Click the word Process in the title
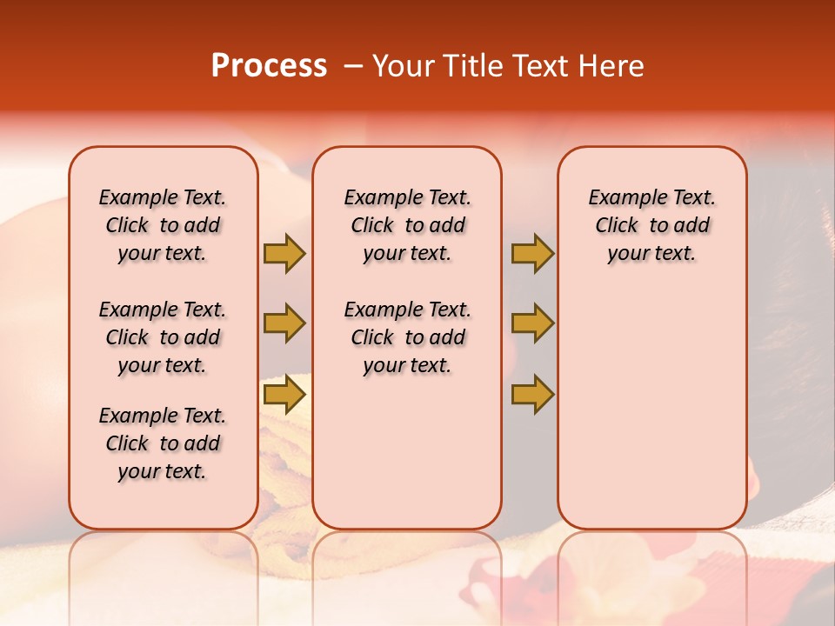[269, 65]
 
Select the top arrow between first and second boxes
[284, 253]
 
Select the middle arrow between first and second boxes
[284, 323]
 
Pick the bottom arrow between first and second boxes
[284, 395]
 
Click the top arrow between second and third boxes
[532, 253]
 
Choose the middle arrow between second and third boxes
[532, 323]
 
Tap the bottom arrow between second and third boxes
[532, 395]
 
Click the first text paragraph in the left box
[163, 225]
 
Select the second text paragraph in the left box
[163, 337]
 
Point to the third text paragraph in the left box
[163, 443]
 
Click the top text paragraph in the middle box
[407, 225]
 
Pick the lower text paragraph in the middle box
[407, 337]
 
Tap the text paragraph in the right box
[651, 225]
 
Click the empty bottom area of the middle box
[407, 461]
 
